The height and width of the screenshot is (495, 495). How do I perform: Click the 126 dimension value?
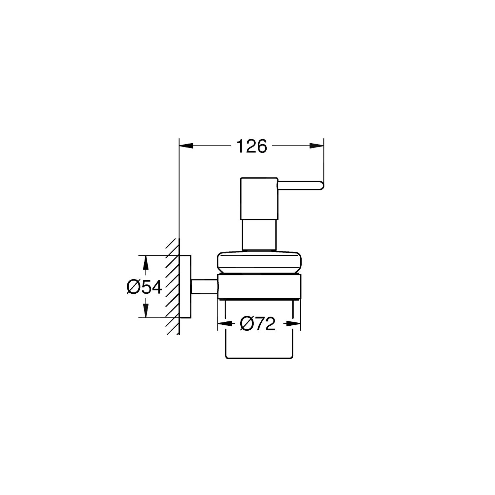pos(251,146)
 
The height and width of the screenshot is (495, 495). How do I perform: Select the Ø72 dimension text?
pos(258,324)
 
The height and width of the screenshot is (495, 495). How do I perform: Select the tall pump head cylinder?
pos(259,198)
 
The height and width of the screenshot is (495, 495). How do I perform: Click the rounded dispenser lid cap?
pos(258,263)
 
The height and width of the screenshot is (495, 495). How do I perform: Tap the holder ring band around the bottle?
pos(259,286)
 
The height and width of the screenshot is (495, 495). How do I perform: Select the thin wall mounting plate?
pos(185,286)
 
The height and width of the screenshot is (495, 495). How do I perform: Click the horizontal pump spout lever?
pos(299,185)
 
